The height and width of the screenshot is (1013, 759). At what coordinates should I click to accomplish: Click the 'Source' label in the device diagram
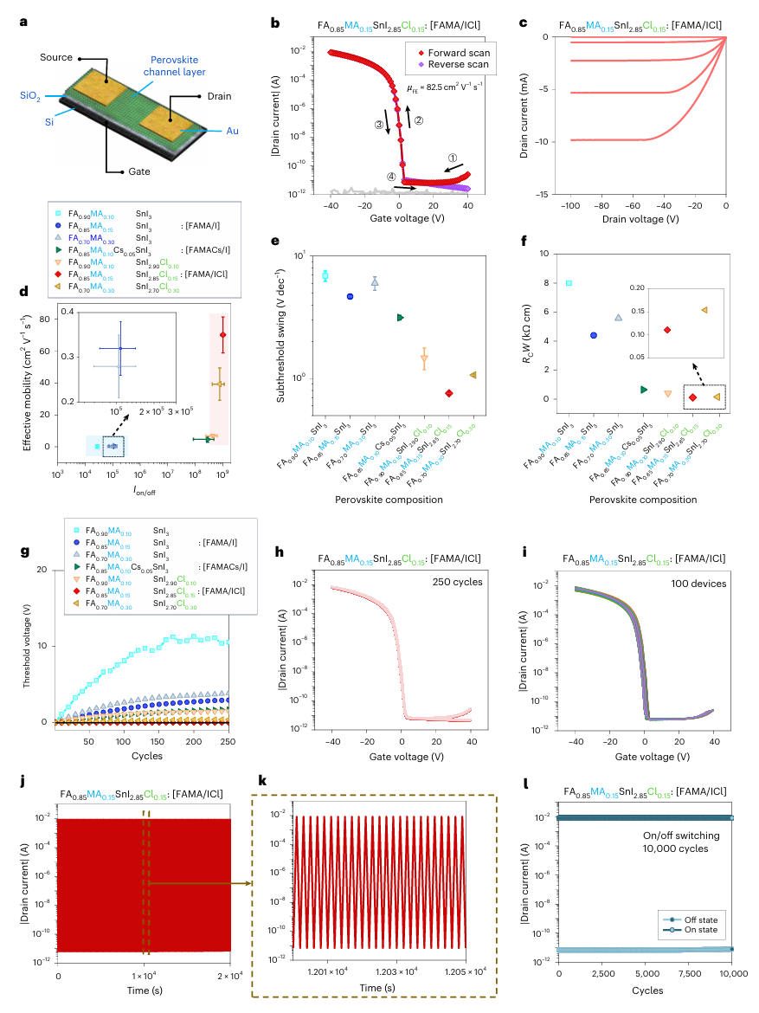57,57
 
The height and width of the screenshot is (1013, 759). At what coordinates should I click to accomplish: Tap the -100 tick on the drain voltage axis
569,209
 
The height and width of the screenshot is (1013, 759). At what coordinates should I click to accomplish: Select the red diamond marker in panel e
448,393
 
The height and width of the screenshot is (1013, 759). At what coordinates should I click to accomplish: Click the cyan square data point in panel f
569,283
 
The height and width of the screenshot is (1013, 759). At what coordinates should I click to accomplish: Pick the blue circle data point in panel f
594,335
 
